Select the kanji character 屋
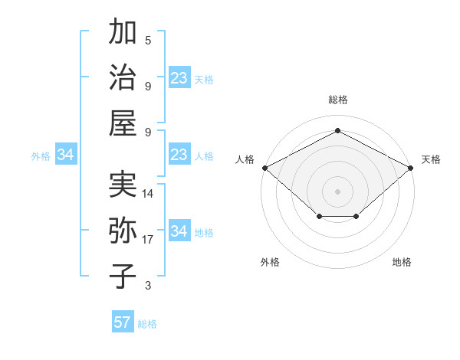pyautogui.click(x=123, y=123)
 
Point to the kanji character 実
pyautogui.click(x=123, y=185)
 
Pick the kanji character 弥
pyautogui.click(x=123, y=231)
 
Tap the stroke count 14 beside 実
pyautogui.click(x=149, y=194)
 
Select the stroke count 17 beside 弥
pyautogui.click(x=149, y=240)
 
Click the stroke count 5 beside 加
pyautogui.click(x=148, y=40)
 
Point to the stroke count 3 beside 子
pyautogui.click(x=148, y=286)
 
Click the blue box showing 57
pyautogui.click(x=123, y=322)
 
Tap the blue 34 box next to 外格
pyautogui.click(x=66, y=155)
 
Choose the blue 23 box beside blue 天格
pyautogui.click(x=179, y=78)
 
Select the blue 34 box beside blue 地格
pyautogui.click(x=179, y=231)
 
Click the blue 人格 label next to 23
pyautogui.click(x=204, y=156)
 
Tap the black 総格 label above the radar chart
pyautogui.click(x=337, y=100)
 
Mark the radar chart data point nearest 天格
pyautogui.click(x=412, y=168)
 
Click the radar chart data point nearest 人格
pyautogui.click(x=264, y=168)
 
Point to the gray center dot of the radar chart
pyautogui.click(x=337, y=191)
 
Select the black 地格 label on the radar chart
pyautogui.click(x=402, y=262)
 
